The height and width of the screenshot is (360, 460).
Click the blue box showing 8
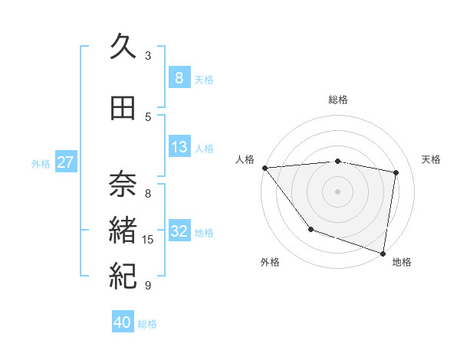[179, 78]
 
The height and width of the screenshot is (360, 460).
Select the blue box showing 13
[179, 147]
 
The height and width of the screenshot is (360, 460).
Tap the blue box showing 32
[179, 231]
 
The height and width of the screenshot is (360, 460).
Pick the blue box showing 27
[66, 162]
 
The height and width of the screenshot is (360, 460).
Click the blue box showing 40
[123, 322]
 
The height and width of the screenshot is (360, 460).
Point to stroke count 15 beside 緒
[149, 240]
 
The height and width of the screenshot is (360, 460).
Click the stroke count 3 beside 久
[148, 55]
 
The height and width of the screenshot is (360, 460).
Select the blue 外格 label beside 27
[41, 163]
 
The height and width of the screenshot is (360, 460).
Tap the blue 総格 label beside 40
[147, 324]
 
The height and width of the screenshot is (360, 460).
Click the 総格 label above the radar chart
[337, 100]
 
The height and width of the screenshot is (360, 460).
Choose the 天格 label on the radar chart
[432, 159]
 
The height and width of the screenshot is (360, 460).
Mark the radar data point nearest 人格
[264, 168]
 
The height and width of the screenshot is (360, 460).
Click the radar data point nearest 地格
[383, 253]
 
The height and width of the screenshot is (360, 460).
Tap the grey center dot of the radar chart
[337, 191]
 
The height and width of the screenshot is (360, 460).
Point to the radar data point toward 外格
[310, 229]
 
